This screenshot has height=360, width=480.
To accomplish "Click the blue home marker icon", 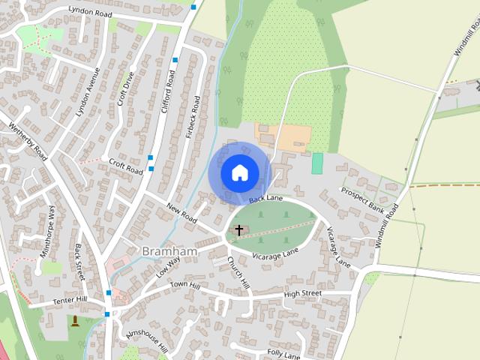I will (x=239, y=172).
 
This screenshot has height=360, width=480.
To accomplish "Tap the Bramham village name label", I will (x=169, y=251).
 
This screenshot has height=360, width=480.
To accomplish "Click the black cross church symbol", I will (x=239, y=229).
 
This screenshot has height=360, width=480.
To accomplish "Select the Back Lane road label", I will (x=266, y=198).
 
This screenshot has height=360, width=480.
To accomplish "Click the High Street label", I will (x=302, y=293).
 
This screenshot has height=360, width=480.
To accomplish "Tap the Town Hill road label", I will (x=184, y=286).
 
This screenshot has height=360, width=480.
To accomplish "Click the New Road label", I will (x=181, y=212).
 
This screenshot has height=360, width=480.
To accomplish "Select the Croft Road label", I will (x=125, y=165).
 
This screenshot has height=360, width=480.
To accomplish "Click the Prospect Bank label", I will (x=361, y=201).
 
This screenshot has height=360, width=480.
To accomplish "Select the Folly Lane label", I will (x=283, y=354).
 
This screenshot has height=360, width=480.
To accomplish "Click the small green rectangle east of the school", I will (x=317, y=163).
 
